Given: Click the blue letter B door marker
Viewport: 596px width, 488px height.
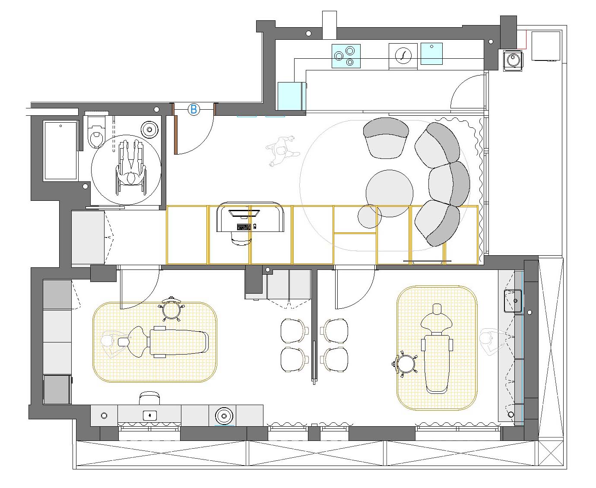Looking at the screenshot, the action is (x=193, y=109).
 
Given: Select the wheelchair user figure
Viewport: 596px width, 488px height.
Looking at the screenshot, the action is (x=131, y=168).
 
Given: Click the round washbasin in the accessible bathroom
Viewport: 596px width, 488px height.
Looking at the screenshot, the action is (x=149, y=130).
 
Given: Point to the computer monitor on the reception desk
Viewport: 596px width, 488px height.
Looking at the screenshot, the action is (x=244, y=213).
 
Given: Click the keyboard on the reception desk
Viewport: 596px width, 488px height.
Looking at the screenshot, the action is (x=244, y=227).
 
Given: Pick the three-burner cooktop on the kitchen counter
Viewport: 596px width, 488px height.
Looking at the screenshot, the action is (x=346, y=56).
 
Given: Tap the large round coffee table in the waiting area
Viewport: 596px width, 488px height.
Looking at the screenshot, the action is (x=390, y=193).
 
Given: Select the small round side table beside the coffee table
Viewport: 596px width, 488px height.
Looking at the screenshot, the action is (x=369, y=216).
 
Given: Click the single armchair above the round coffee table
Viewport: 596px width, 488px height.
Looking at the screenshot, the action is (x=386, y=138).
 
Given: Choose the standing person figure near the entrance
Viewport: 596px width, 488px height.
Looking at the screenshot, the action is (x=282, y=151).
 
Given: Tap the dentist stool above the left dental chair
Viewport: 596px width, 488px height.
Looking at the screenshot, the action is (x=171, y=309).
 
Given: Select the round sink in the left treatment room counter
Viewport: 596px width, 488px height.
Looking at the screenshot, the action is (x=224, y=416).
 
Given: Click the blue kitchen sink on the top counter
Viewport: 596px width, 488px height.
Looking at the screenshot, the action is (x=431, y=54).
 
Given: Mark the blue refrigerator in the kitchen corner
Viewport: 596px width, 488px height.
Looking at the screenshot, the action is (x=292, y=96).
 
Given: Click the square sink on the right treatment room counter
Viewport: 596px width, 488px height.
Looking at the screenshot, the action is (x=513, y=301).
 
